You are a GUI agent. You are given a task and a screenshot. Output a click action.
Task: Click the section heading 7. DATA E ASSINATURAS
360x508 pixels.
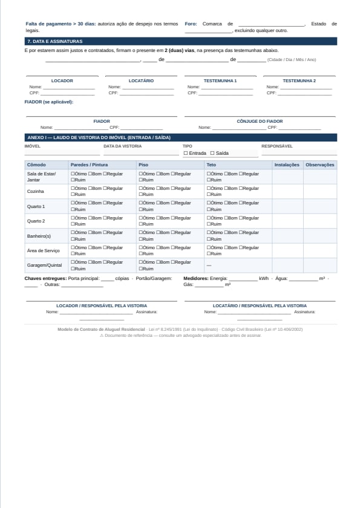pos(54,41)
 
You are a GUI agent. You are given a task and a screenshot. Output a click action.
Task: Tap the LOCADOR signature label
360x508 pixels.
pos(62,80)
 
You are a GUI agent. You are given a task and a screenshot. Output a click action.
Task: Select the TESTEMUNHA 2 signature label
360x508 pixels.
pos(299,80)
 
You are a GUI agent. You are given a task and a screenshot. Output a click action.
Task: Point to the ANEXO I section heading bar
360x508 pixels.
pos(180,137)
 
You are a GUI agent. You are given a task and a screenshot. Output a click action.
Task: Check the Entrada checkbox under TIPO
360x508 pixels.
pos(186,153)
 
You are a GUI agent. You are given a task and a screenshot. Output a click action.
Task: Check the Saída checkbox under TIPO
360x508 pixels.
pos(212,153)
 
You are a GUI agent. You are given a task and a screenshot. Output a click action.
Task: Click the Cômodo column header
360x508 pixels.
pos(36,164)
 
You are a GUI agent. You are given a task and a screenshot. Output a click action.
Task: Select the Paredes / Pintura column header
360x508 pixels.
pos(90,164)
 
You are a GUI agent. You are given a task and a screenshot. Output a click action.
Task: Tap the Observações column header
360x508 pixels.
pos(320,164)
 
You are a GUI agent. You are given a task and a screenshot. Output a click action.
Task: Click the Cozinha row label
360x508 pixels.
pos(36,191)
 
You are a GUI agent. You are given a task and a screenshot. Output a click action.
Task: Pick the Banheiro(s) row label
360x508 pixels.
pos(39,236)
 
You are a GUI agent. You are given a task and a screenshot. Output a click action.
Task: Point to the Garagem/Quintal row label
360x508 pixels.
pos(45,265)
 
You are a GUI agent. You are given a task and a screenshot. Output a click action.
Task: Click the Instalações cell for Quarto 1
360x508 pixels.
pos(287,206)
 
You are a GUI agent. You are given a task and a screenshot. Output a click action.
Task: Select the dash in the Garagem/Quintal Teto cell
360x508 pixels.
pos(209,265)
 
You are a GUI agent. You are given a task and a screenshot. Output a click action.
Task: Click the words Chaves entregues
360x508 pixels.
pos(45,278)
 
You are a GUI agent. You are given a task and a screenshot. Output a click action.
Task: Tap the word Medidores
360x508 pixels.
pos(195,278)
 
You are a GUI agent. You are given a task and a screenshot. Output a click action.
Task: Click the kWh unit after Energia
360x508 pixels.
pos(264,278)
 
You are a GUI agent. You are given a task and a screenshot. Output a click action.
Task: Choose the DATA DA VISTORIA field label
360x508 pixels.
pos(122,146)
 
